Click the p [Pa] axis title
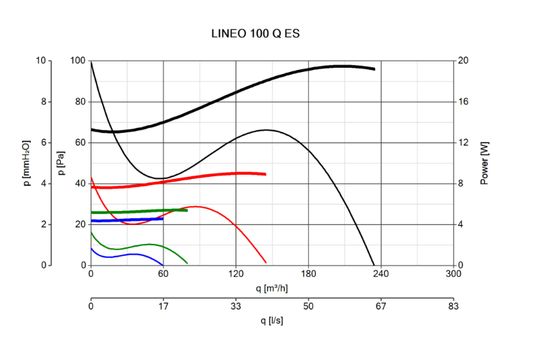coord(61,163)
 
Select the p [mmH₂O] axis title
coord(26,163)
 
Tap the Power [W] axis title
coord(484,163)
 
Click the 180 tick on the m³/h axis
coord(309,274)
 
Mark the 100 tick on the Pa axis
coord(78,62)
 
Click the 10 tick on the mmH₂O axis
coord(41,62)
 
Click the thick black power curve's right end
coord(374,69)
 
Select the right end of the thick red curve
coord(266,174)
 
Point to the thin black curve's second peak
coord(267,130)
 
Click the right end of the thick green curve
coord(187,210)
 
